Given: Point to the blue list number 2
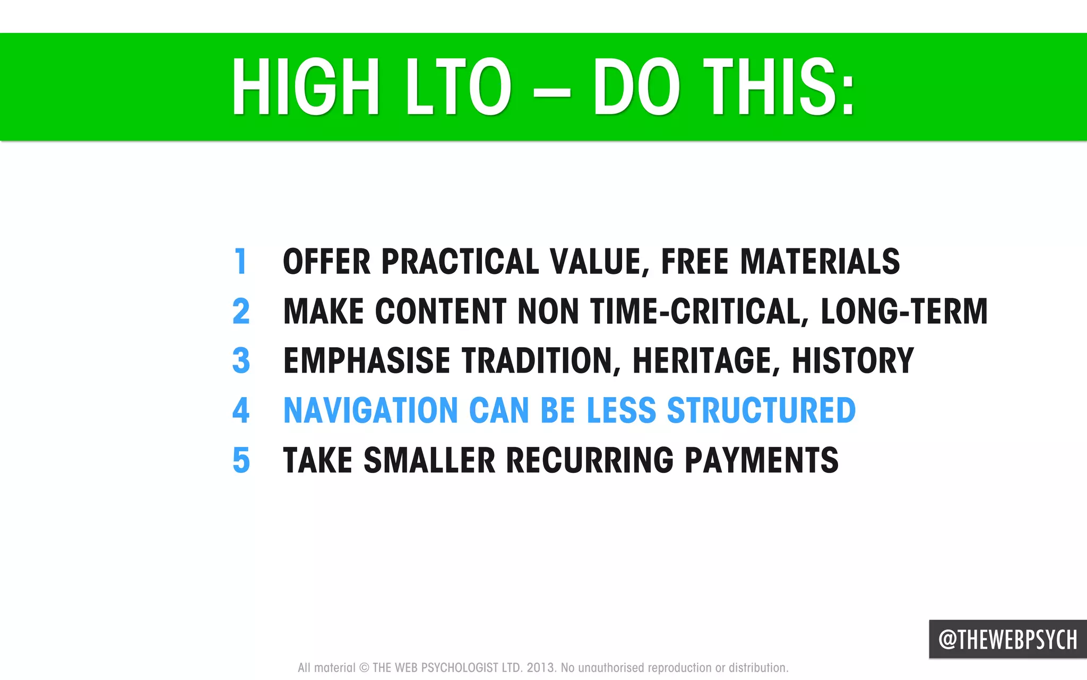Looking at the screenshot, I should coord(241,311).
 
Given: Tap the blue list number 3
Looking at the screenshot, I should coord(241,361).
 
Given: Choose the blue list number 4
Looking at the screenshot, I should coord(241,410).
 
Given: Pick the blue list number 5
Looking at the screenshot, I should coord(241,460).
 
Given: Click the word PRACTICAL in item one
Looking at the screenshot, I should coord(460,262).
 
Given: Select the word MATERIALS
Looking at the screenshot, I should coord(820,262).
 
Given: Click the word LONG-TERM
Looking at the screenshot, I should coord(904,311).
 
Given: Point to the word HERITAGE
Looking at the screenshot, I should coord(705,361).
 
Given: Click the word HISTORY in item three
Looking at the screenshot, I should coord(853,361).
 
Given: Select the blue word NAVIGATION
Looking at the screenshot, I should coord(370,410).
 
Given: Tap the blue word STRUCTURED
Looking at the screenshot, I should coord(761,410).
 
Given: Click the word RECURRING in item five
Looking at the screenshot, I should coord(589,460).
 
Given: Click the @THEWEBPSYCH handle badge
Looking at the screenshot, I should coord(1007,640).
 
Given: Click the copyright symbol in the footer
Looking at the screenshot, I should coord(364,668).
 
